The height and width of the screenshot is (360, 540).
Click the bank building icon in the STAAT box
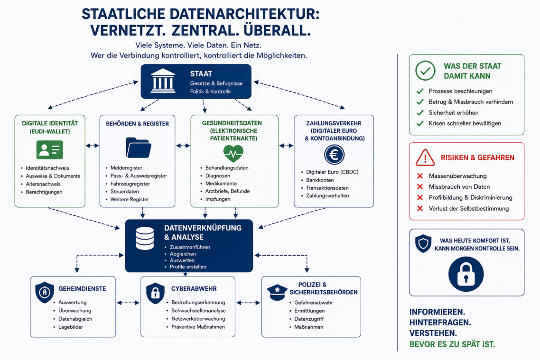tap(163, 81)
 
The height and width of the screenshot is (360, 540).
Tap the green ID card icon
tap(50, 150)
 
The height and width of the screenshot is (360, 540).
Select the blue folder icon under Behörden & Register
tap(139, 148)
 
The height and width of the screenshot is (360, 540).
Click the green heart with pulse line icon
tap(233, 154)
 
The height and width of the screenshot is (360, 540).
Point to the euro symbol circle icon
tap(334, 155)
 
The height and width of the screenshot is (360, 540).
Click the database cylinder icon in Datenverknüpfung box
tap(145, 238)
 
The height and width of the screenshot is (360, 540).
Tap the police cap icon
tap(277, 293)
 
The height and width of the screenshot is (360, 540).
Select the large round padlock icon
tap(466, 274)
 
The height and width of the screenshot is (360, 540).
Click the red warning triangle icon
tap(425, 157)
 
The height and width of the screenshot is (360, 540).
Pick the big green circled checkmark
tap(425, 71)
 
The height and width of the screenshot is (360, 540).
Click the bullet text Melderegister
tap(126, 168)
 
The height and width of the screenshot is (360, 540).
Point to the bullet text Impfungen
tap(218, 199)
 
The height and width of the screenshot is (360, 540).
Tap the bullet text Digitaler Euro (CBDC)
tap(332, 172)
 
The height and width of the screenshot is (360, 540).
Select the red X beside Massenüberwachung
tap(420, 176)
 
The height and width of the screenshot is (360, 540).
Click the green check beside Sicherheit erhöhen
tap(420, 113)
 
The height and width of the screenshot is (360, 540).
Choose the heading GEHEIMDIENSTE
tap(82, 289)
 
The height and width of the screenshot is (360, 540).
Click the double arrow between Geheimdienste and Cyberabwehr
tap(128, 303)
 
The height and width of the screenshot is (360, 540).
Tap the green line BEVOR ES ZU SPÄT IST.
tap(452, 344)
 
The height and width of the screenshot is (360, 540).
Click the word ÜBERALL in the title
tap(277, 30)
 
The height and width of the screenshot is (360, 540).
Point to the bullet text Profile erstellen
tap(188, 267)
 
